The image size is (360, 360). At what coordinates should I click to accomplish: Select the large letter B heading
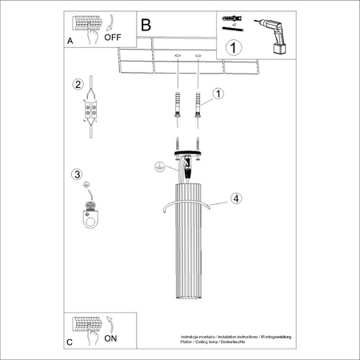(x=146, y=25)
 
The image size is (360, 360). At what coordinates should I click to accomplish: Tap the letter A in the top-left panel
(x=71, y=39)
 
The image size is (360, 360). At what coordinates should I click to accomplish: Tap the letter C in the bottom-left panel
(x=70, y=342)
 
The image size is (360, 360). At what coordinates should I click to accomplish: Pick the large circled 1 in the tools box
(x=233, y=47)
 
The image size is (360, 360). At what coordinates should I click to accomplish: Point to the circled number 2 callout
(x=78, y=85)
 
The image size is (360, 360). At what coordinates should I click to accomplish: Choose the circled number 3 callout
(x=77, y=174)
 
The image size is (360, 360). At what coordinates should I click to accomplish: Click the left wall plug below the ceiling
(x=174, y=106)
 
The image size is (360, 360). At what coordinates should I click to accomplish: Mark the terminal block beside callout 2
(x=93, y=111)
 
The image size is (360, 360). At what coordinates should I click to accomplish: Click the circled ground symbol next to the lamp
(x=159, y=167)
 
